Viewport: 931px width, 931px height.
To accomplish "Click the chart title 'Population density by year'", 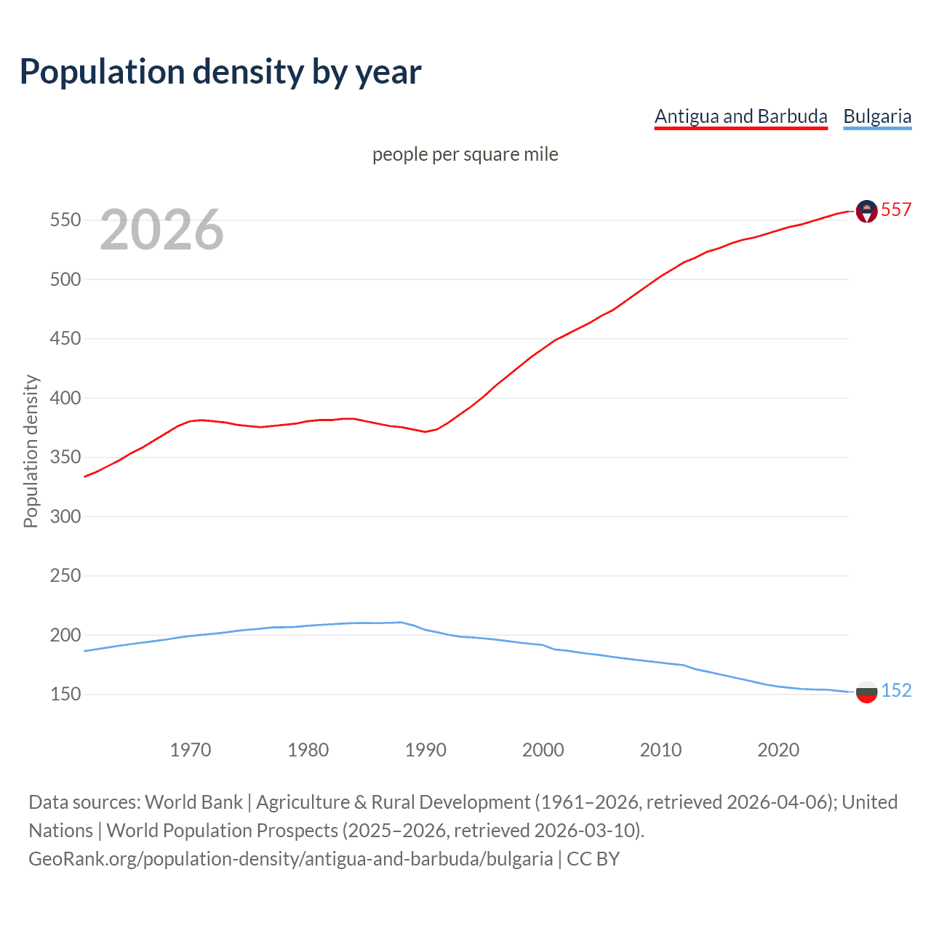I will click(x=220, y=72).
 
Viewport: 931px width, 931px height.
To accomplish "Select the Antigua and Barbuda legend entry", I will click(x=740, y=116).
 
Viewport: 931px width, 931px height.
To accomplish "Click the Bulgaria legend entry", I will click(x=876, y=116).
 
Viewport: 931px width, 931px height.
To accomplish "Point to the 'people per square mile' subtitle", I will click(x=465, y=154).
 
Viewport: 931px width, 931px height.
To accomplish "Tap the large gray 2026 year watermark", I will click(x=161, y=230).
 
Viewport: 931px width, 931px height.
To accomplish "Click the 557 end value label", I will click(x=895, y=209).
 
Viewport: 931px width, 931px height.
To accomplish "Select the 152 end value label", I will click(x=895, y=690).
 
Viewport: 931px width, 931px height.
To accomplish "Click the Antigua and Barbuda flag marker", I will click(x=866, y=211).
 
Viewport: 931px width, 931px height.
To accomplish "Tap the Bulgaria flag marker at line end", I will click(x=866, y=692).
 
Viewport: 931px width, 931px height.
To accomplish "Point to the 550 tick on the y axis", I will click(x=65, y=220).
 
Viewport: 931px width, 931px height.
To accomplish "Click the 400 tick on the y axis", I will click(x=65, y=398).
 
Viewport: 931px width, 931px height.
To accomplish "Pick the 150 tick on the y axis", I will click(x=65, y=694).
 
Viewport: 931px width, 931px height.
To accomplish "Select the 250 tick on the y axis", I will click(x=65, y=575).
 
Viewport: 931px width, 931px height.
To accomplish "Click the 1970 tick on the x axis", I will click(x=191, y=750).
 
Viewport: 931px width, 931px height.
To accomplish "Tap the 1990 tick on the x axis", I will click(x=425, y=750).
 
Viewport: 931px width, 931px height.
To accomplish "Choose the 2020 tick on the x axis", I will click(x=778, y=750).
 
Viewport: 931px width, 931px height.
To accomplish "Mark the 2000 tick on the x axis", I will click(x=543, y=750).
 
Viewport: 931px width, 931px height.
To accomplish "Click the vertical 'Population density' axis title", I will click(x=31, y=451).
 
